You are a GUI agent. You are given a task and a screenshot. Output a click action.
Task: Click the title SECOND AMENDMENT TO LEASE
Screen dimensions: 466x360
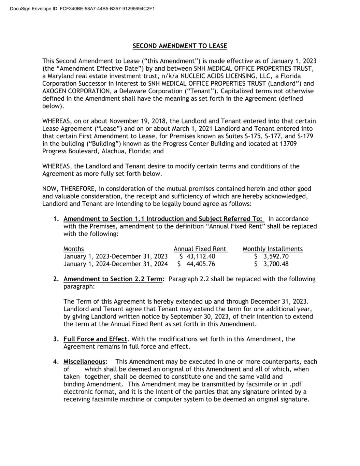tap(179, 46)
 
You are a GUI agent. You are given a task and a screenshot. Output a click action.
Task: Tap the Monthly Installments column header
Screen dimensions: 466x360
tap(272, 249)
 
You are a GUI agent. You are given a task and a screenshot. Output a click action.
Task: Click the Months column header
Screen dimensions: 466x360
tap(73, 249)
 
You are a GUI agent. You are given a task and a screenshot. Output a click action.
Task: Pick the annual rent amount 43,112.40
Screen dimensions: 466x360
tap(201, 256)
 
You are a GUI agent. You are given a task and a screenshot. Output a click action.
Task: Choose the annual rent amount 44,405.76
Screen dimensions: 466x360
tap(201, 264)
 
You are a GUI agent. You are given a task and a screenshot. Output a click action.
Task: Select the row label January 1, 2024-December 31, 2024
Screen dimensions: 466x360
tap(115, 264)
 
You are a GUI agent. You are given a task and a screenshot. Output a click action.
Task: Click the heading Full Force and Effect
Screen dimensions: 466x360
tap(95, 339)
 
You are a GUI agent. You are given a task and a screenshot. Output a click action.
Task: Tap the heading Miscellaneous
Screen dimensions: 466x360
tap(84, 362)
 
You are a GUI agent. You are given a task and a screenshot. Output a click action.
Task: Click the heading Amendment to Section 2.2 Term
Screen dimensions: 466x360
tap(113, 279)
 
